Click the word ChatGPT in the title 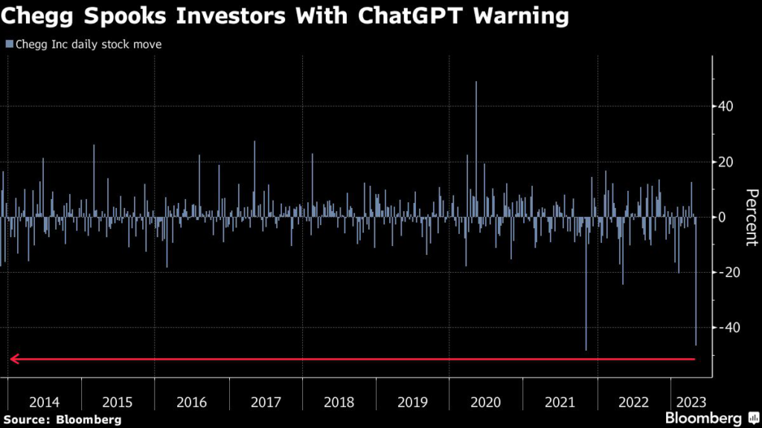click(x=423, y=16)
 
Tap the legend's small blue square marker click(x=8, y=45)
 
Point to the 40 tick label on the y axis click(x=726, y=106)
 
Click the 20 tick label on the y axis click(x=726, y=162)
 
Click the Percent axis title click(x=751, y=217)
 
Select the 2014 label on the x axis click(x=44, y=402)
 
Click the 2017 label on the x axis click(x=266, y=402)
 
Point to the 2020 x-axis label click(x=487, y=402)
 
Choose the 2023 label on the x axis click(x=689, y=402)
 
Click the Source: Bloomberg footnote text click(x=62, y=420)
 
